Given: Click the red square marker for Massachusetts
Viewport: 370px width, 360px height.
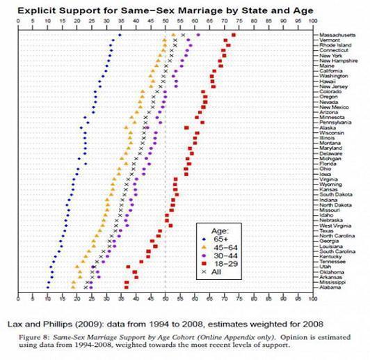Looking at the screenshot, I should [x=234, y=34].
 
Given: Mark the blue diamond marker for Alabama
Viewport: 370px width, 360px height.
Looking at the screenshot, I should [x=48, y=288].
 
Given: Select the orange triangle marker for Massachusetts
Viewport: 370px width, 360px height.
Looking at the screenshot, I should [x=173, y=34].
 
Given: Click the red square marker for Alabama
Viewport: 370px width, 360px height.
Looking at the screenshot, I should [x=126, y=288].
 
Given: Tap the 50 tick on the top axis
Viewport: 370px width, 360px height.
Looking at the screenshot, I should [x=166, y=22].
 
